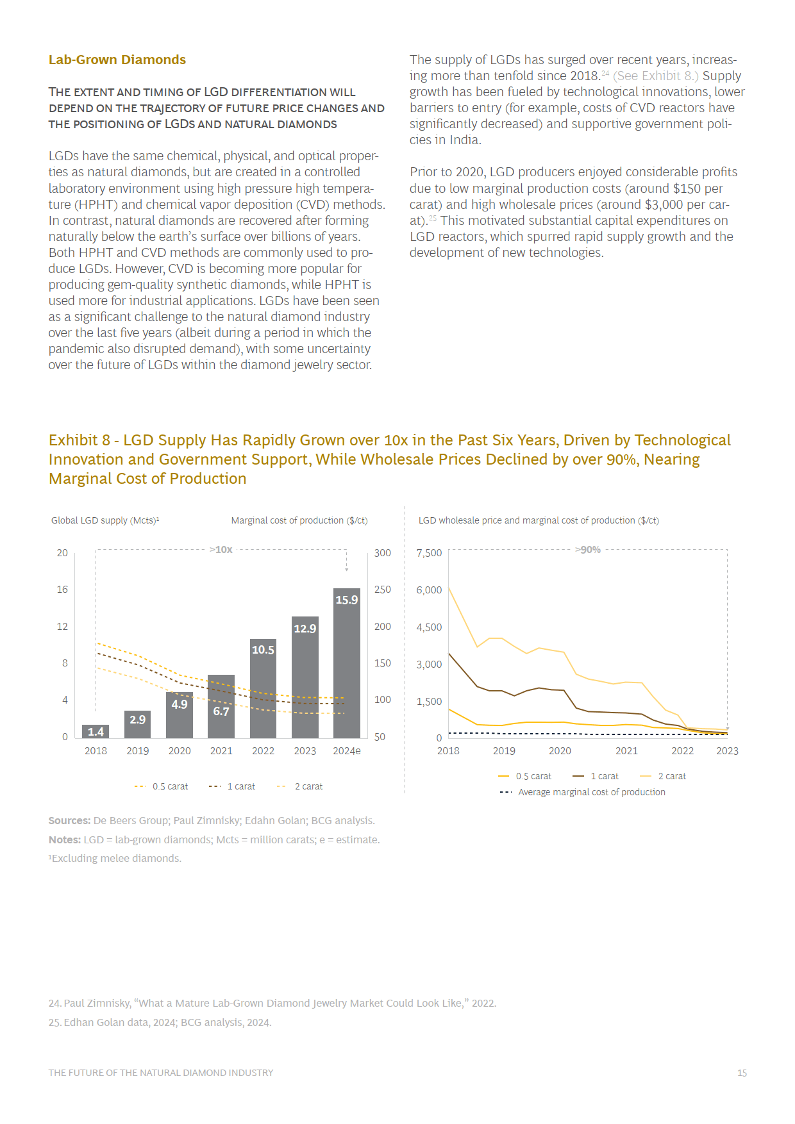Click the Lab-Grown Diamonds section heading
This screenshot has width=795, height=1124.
point(117,60)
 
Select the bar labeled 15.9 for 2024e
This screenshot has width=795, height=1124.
point(347,663)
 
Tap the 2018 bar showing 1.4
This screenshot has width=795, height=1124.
point(96,731)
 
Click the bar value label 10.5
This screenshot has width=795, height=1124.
point(263,650)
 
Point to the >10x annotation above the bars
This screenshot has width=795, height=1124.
point(221,549)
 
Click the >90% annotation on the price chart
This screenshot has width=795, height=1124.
point(588,549)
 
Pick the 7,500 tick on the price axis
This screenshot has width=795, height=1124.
point(429,553)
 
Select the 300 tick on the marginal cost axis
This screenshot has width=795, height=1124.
point(383,553)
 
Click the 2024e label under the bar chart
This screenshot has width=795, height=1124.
point(347,751)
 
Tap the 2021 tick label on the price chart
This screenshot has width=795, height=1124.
point(626,751)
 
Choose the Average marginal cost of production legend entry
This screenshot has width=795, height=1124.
point(582,792)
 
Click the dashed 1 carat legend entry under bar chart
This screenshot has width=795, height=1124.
point(232,786)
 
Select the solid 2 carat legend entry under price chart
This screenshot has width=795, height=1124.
point(663,776)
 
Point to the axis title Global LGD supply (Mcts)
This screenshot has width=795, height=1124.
point(105,520)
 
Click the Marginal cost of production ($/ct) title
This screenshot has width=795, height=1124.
point(299,520)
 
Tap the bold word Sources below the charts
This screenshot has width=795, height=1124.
point(70,820)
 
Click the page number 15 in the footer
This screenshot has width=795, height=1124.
point(742,1073)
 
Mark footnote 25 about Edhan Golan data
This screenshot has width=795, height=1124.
point(160,1022)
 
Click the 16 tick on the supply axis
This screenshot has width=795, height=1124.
point(62,590)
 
